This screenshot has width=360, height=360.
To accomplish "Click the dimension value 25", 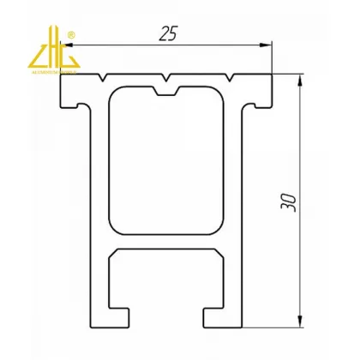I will click(168, 34).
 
